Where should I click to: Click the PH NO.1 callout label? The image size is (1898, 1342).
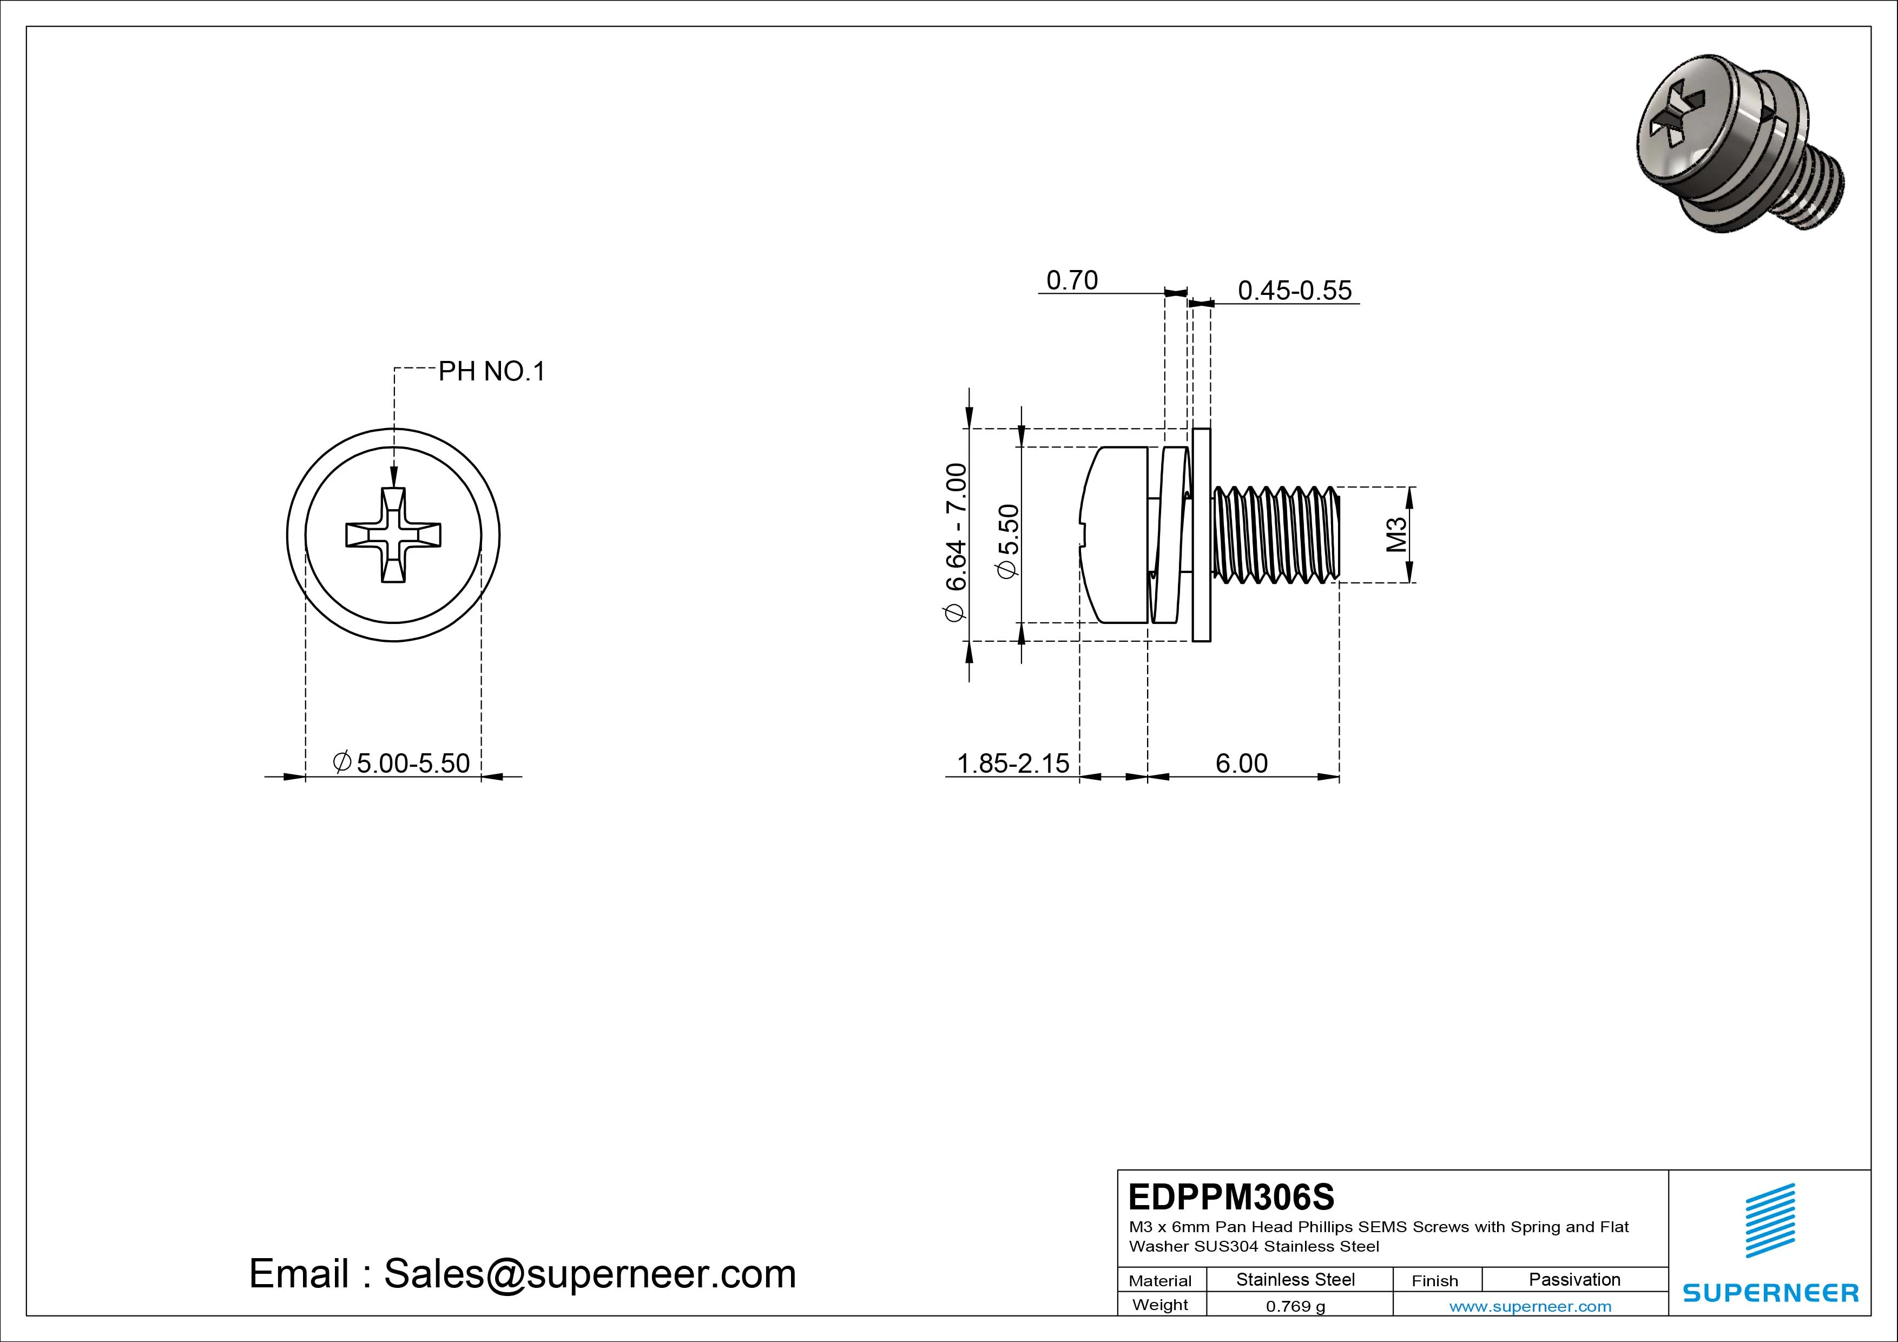tap(491, 372)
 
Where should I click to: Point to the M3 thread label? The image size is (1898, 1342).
tap(1395, 535)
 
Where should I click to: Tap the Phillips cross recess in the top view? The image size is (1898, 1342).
tap(393, 535)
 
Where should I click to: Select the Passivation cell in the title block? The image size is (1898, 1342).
tap(1574, 1279)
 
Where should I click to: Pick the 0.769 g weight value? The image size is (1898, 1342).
tap(1295, 1306)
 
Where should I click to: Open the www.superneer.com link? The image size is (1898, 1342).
tap(1530, 1306)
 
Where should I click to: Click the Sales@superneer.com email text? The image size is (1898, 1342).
tap(589, 1273)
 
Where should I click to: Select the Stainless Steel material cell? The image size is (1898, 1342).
tap(1295, 1279)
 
